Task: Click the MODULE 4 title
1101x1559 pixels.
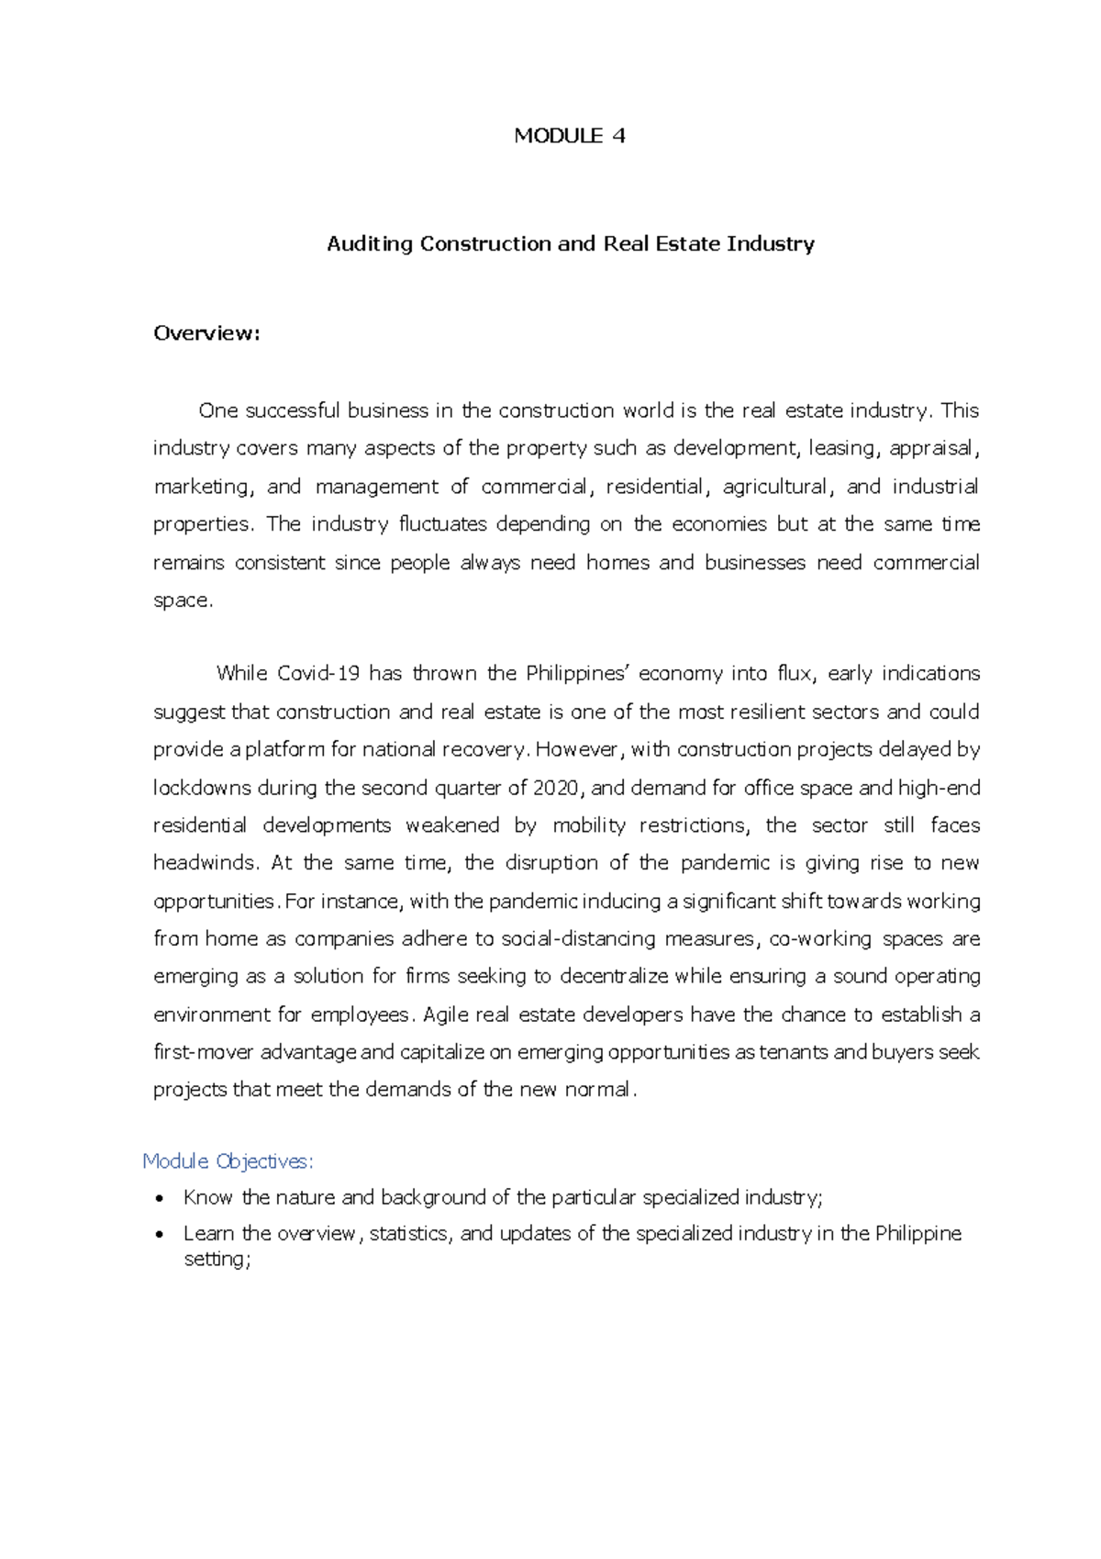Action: pyautogui.click(x=570, y=136)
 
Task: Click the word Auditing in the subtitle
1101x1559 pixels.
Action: pyautogui.click(x=370, y=244)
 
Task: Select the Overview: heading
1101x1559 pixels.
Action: pyautogui.click(x=206, y=333)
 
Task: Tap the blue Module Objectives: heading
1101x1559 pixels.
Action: pyautogui.click(x=228, y=1161)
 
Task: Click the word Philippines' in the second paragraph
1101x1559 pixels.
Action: pyautogui.click(x=575, y=674)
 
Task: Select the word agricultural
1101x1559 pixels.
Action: pyautogui.click(x=775, y=487)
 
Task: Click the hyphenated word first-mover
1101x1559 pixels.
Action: pyautogui.click(x=204, y=1052)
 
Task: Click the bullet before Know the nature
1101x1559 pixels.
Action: pyautogui.click(x=161, y=1198)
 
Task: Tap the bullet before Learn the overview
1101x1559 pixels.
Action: pyautogui.click(x=161, y=1234)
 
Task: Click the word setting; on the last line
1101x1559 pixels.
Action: pyautogui.click(x=217, y=1260)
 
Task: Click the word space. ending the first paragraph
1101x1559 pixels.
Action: pyautogui.click(x=183, y=600)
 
